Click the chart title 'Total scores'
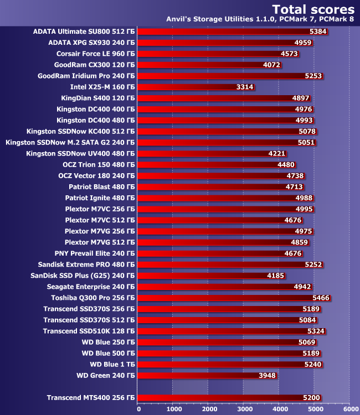[313, 9]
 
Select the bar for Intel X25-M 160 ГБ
[188, 87]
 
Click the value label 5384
[317, 32]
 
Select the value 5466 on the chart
[321, 298]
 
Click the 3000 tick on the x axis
[244, 409]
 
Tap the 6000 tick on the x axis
[349, 409]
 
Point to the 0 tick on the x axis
[138, 409]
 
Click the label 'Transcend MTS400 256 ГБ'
[90, 397]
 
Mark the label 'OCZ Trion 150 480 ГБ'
[99, 164]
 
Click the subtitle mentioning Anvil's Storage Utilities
[260, 20]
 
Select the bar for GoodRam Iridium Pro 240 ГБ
[222, 76]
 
